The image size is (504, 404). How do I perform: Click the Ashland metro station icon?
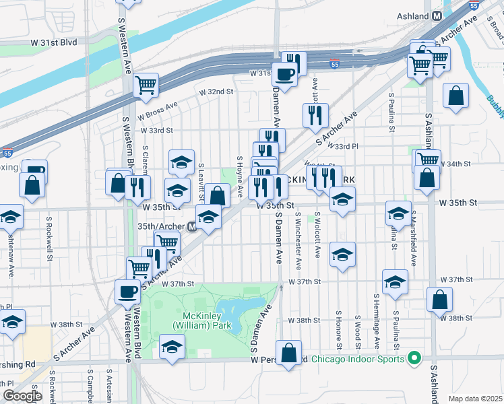pyautogui.click(x=437, y=15)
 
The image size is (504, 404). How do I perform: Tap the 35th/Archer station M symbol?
pyautogui.click(x=192, y=227)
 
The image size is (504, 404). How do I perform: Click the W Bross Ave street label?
pyautogui.click(x=158, y=106)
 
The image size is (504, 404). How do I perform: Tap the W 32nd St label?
pyautogui.click(x=215, y=92)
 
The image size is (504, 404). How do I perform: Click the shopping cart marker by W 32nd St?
pyautogui.click(x=146, y=85)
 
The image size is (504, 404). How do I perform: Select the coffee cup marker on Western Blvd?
pyautogui.click(x=127, y=292)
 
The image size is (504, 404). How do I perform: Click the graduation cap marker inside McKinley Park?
pyautogui.click(x=172, y=347)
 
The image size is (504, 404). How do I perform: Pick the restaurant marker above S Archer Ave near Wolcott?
pyautogui.click(x=315, y=115)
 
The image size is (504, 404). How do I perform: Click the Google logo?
pyautogui.click(x=22, y=396)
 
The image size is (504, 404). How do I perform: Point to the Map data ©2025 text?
pyautogui.click(x=475, y=399)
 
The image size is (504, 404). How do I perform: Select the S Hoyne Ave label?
pyautogui.click(x=240, y=176)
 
